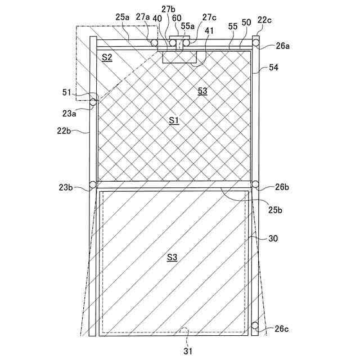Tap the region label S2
pos(107,57)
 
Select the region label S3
pos(172,257)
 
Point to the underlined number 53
pos(202,91)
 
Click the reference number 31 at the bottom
pos(188,351)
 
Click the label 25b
pos(275,210)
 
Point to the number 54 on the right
pos(274,67)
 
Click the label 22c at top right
pos(264,21)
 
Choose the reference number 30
pos(273,238)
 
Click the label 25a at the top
pos(123,17)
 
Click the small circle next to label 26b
pos(255,184)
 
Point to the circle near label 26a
pos(255,42)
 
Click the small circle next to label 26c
pos(255,326)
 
